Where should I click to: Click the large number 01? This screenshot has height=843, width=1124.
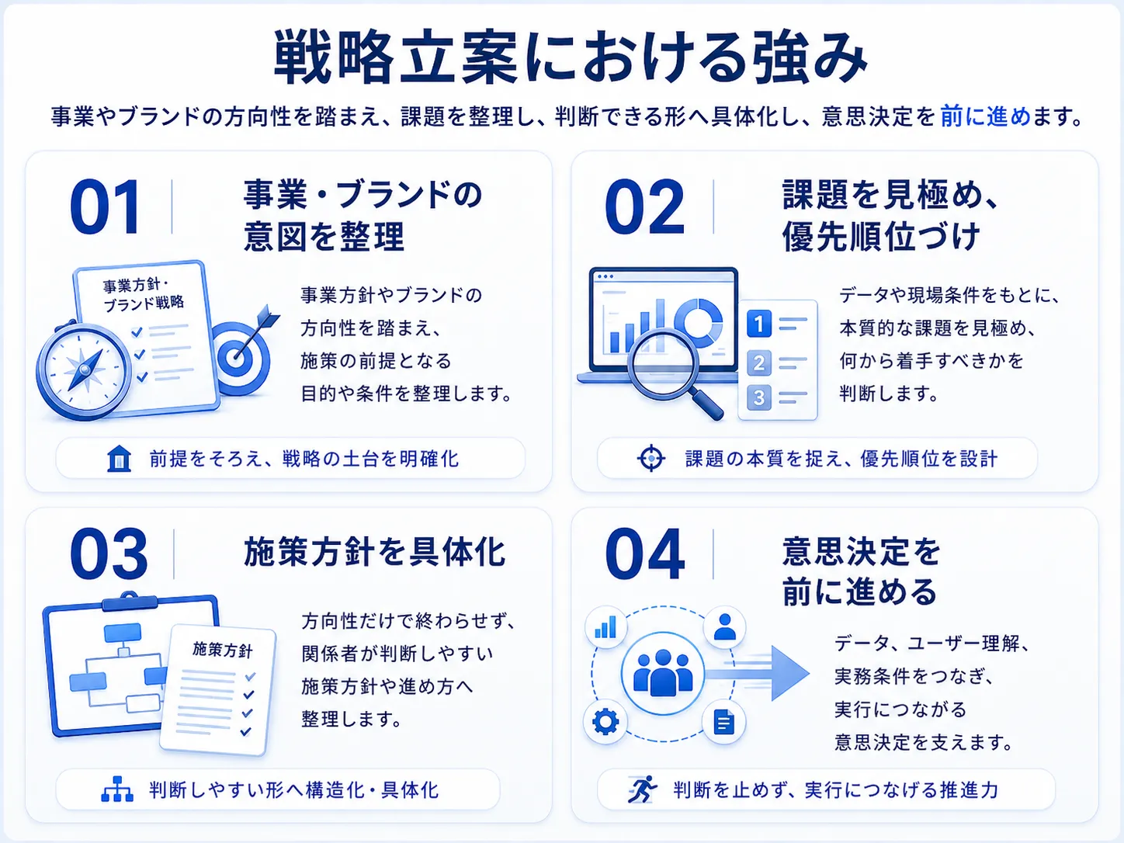[x=105, y=206]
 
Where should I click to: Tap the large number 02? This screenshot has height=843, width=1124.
[x=644, y=206]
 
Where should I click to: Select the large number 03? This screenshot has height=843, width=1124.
[x=109, y=554]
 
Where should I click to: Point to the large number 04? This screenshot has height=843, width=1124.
[x=645, y=554]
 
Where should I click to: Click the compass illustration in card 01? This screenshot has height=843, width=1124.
[x=83, y=370]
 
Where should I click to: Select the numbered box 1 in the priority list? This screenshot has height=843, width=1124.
[x=759, y=324]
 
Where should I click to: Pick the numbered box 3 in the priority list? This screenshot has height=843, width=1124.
[x=759, y=397]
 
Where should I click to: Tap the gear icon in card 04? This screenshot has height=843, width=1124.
[x=605, y=722]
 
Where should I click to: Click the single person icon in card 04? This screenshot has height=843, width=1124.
[x=724, y=627]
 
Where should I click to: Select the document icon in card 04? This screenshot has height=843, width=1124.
[x=723, y=722]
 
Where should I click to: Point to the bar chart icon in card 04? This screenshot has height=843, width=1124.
[x=605, y=627]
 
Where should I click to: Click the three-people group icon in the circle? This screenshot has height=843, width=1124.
[x=663, y=672]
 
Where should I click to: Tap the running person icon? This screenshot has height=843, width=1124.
[x=643, y=789]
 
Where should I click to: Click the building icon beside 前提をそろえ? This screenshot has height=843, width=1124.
[x=119, y=459]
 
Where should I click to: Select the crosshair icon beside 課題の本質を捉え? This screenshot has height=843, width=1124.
[x=651, y=458]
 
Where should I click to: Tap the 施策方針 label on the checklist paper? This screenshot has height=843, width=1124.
[x=223, y=650]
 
